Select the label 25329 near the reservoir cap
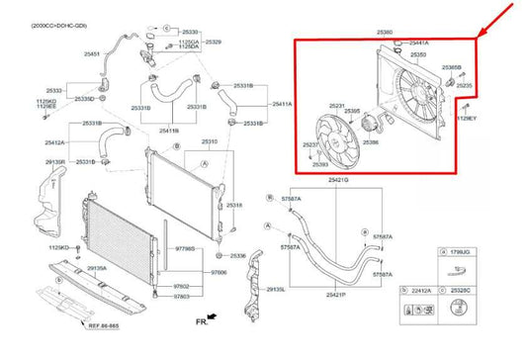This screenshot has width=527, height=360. pos(214,42)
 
